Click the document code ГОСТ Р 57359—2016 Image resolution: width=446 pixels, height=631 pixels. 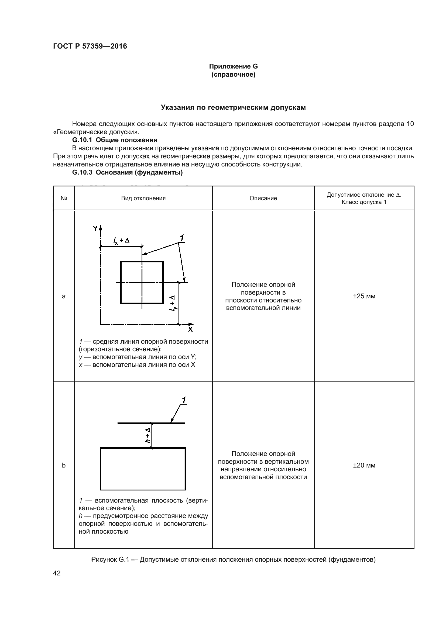point(90,46)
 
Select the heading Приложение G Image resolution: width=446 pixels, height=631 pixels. point(233,66)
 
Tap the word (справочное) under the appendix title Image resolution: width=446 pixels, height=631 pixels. point(233,74)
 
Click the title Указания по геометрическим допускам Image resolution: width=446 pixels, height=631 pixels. point(233,107)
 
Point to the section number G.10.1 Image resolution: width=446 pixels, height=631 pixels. point(82,140)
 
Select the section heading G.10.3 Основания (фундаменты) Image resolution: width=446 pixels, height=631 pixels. point(127,172)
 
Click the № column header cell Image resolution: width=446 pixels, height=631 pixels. point(64,198)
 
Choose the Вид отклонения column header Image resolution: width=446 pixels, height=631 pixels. point(143,198)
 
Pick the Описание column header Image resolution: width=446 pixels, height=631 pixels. point(263,198)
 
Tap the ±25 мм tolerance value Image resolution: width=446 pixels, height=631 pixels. point(364,296)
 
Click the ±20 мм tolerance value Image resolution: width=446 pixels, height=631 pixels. point(364,465)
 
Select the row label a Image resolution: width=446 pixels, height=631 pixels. point(64,296)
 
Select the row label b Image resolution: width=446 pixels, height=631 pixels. point(64,465)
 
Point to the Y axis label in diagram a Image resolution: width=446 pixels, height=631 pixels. point(95,228)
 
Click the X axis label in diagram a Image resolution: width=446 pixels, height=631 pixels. point(190,329)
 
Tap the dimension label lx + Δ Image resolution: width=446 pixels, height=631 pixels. point(121,240)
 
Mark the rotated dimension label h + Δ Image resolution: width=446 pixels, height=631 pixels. point(148,435)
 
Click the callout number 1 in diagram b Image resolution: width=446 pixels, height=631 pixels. point(184,400)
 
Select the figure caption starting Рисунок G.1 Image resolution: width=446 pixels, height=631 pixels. point(233,560)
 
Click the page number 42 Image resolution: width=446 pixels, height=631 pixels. point(57,573)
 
